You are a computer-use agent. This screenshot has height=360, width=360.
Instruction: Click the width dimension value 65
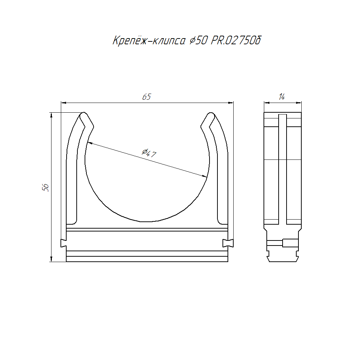pos(147,97)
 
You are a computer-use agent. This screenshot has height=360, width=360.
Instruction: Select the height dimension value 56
pos(45,188)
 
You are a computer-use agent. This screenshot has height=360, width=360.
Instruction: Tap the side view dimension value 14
pos(282,97)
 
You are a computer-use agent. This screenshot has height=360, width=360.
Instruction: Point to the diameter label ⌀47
pos(149,153)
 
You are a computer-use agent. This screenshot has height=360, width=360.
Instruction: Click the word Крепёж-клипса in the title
pos(149,41)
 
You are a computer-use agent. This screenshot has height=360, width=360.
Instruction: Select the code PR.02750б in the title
pos(236,41)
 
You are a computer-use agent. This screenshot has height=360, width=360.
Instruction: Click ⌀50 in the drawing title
pos(199,41)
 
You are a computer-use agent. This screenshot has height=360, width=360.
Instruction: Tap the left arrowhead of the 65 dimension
pos(64,103)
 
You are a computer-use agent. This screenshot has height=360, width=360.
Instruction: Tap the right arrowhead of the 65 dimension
pos(231,103)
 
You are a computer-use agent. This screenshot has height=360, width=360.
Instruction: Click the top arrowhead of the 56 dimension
pos(51,115)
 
